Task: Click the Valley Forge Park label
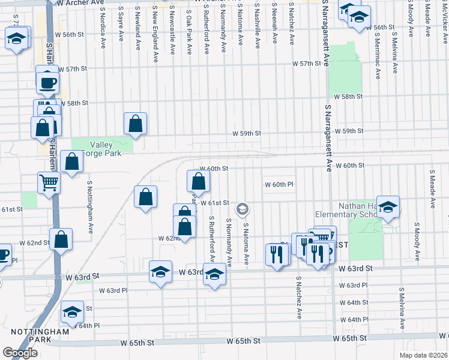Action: [106, 149]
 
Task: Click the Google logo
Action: [19, 353]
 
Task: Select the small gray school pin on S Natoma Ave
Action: [243, 209]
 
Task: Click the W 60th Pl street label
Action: [279, 185]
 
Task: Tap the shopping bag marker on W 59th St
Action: [136, 123]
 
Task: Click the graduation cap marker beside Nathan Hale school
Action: [388, 206]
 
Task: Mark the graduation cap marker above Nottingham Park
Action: [72, 311]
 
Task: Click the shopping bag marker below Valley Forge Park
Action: [71, 162]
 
